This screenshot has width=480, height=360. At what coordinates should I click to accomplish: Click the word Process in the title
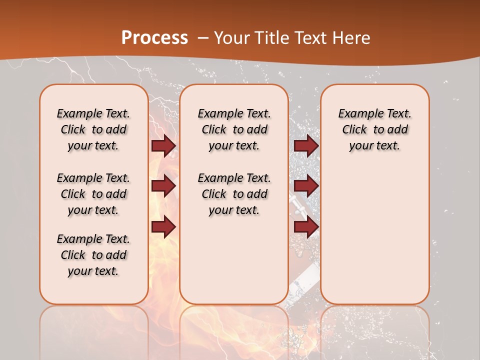pyautogui.click(x=154, y=38)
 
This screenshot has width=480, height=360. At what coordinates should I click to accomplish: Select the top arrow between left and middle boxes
pyautogui.click(x=163, y=145)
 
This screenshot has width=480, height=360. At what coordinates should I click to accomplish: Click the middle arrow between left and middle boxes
pyautogui.click(x=163, y=186)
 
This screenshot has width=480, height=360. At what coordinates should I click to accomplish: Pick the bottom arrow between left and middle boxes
pyautogui.click(x=163, y=226)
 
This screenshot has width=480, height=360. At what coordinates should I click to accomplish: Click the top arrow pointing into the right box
pyautogui.click(x=306, y=145)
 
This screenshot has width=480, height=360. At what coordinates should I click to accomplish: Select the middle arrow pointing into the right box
pyautogui.click(x=306, y=186)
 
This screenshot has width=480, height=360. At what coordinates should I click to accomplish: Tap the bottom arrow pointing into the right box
pyautogui.click(x=306, y=226)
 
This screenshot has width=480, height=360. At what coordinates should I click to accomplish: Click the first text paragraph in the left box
pyautogui.click(x=93, y=129)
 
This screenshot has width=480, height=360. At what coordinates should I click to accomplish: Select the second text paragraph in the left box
pyautogui.click(x=93, y=194)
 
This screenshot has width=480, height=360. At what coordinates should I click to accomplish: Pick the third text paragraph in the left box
pyautogui.click(x=93, y=255)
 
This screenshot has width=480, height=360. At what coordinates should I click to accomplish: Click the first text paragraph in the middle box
pyautogui.click(x=234, y=129)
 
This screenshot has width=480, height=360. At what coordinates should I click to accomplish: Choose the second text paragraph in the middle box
pyautogui.click(x=234, y=194)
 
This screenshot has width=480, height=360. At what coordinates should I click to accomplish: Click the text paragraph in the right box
pyautogui.click(x=374, y=129)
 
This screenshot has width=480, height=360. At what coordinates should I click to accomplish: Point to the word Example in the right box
pyautogui.click(x=358, y=114)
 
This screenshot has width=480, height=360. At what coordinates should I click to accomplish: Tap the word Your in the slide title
pyautogui.click(x=231, y=38)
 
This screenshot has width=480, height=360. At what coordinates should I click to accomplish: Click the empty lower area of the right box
pyautogui.click(x=374, y=235)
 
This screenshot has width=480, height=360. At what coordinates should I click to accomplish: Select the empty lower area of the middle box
pyautogui.click(x=234, y=260)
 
